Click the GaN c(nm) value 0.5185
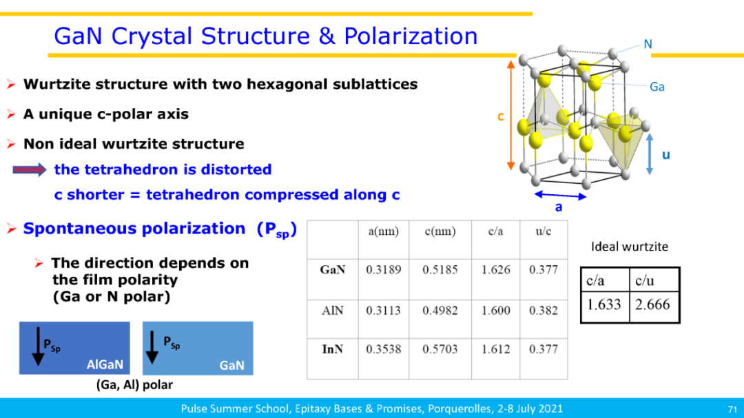pos(440,269)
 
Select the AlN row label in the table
pos(332,311)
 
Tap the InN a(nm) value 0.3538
pos(384,349)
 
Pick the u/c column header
pos(544,231)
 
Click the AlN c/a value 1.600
pos(495,311)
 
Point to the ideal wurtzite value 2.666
pos(652,304)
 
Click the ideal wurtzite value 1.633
pos(603,304)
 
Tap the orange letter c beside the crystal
pos(501,116)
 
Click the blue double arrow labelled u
pos(650,154)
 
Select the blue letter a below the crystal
pos(559,207)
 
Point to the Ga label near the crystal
pos(657,87)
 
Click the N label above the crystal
pos(648,44)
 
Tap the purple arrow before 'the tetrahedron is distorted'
pos(30,170)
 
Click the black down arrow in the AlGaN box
pos(38,346)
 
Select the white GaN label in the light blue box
pos(231,366)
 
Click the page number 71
pos(732,409)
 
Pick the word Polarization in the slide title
pos(411,36)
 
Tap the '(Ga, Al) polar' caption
pos(134,385)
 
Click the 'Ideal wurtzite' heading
pos(630,247)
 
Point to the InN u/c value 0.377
pos(544,349)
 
